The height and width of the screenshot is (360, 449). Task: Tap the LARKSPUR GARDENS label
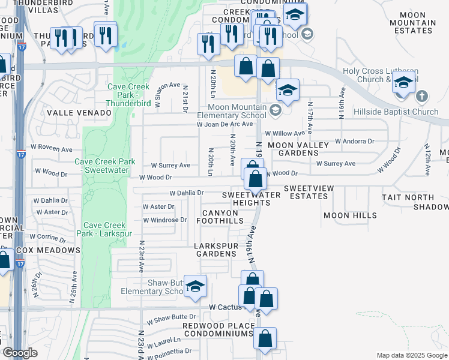coord(215,250)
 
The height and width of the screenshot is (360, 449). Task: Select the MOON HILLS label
coord(350,215)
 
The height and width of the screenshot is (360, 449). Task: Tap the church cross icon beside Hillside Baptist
coord(422,96)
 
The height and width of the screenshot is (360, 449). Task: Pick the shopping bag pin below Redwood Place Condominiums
coord(265,339)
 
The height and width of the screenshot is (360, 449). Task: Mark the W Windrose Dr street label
coord(164,220)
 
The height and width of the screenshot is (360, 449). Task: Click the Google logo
coord(20,353)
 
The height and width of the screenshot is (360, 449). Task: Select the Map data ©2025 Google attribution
coord(411,355)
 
